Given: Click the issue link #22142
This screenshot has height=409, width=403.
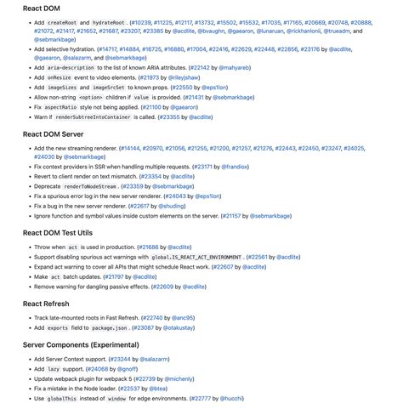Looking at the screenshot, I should click(198, 67).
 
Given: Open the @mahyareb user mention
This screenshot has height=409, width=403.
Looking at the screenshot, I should click(235, 67).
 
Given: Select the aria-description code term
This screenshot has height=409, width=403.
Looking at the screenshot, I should click(71, 67).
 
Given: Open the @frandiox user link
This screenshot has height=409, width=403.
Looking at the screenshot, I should click(235, 168).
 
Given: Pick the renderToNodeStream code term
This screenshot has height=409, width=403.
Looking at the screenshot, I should click(90, 186).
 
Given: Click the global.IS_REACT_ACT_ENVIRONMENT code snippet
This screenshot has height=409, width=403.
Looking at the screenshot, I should click(197, 257).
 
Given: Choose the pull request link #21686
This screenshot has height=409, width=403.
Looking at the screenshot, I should click(148, 247).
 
